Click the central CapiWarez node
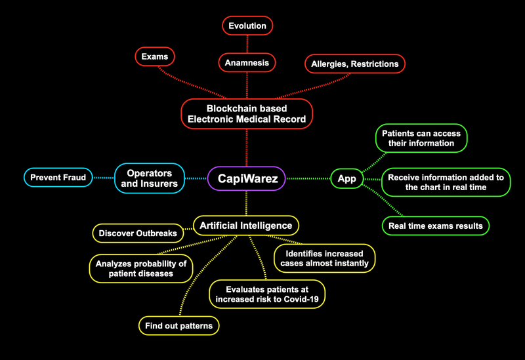(247, 178)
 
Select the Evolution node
(247, 26)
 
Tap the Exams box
(155, 57)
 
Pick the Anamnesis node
(247, 62)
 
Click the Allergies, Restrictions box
(355, 64)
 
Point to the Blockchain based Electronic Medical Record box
(247, 113)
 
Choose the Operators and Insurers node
(150, 178)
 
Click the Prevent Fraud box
(58, 177)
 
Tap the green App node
(347, 178)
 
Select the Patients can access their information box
(421, 138)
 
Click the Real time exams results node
(435, 226)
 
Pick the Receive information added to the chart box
(445, 182)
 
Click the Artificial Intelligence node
(246, 226)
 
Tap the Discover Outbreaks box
(137, 233)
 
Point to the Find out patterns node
(178, 325)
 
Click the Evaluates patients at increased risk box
(267, 294)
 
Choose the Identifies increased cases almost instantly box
(325, 258)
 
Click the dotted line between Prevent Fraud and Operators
(104, 178)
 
